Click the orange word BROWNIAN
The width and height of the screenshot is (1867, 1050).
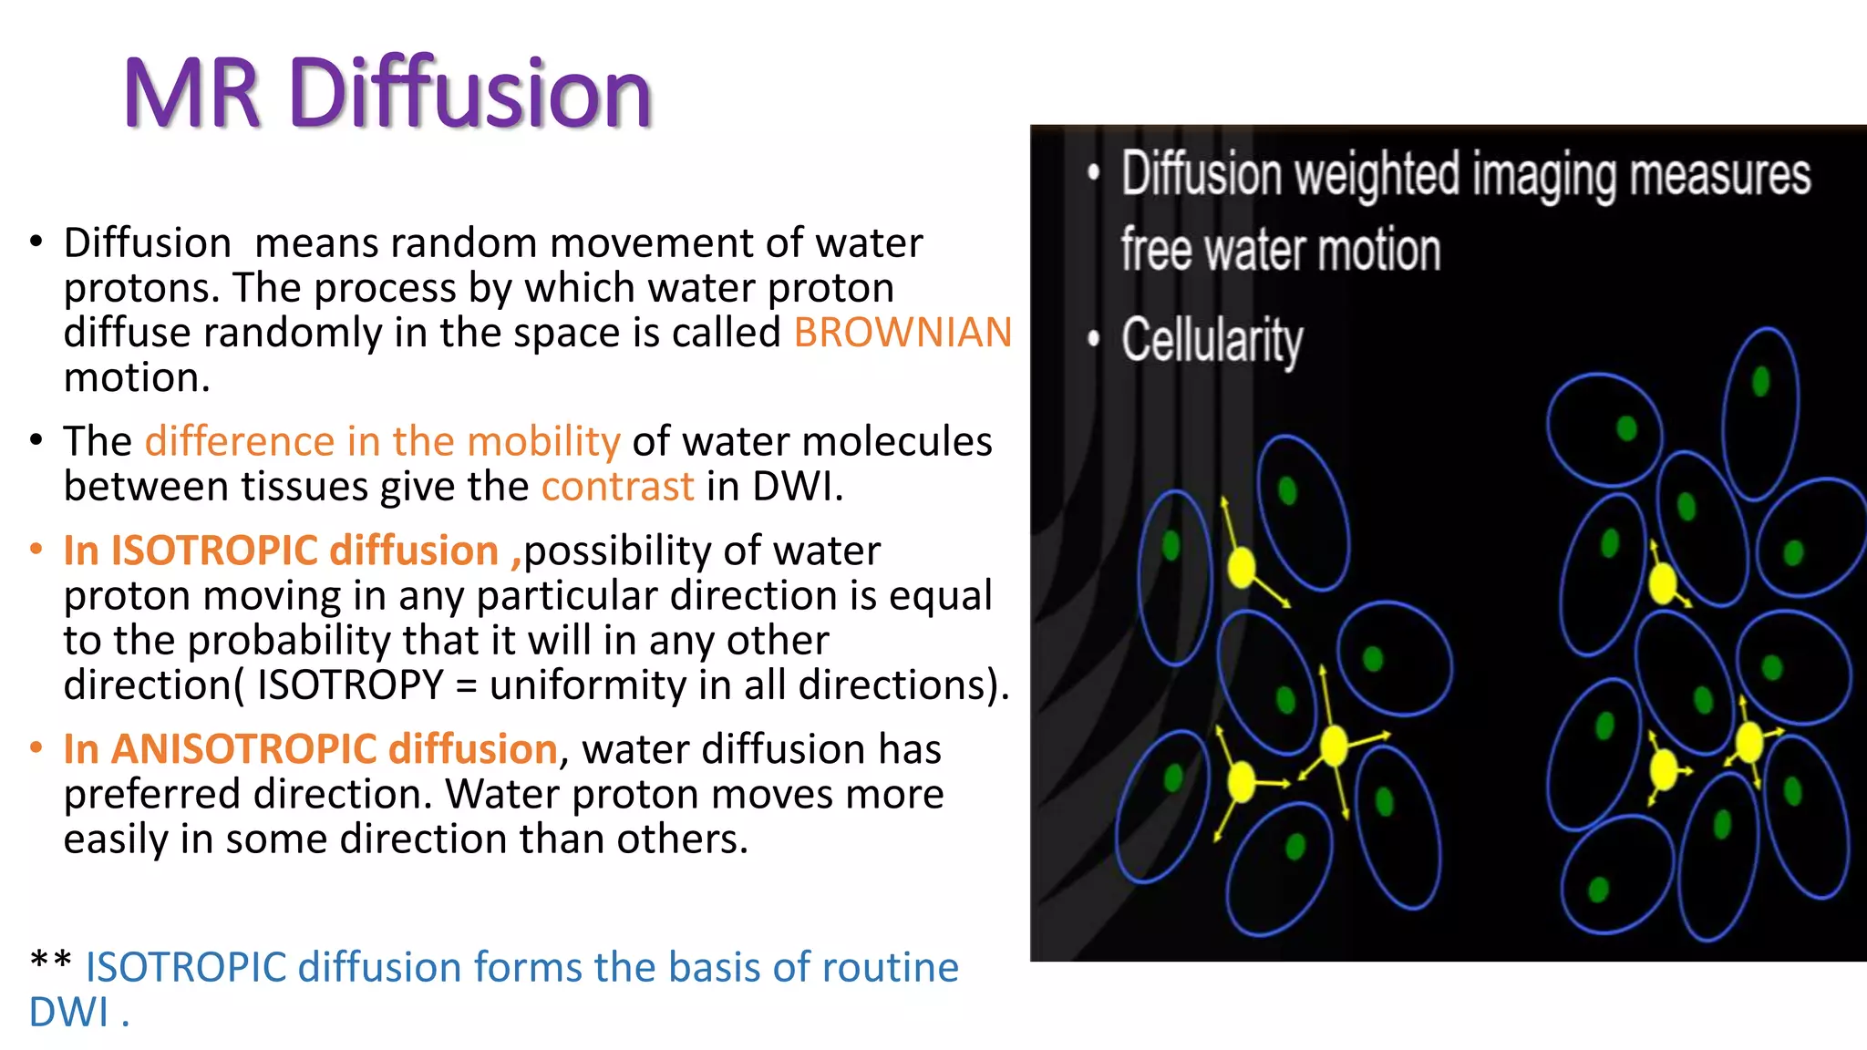pos(902,333)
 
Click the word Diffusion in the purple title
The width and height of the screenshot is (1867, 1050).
pos(469,93)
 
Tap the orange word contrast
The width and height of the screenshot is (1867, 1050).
pos(617,487)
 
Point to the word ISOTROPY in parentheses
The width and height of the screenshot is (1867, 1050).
pos(350,685)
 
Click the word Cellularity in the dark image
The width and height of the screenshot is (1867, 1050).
pos(1212,341)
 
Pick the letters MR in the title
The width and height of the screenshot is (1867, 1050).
pos(193,93)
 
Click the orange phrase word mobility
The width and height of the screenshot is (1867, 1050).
pos(543,442)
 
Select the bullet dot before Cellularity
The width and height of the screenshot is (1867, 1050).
pos(1093,340)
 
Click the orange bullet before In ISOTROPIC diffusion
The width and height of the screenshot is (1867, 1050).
pos(36,549)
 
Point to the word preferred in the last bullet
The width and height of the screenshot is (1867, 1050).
pos(152,795)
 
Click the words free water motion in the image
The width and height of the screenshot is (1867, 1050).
pos(1280,250)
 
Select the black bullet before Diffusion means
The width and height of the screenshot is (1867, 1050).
pos(36,242)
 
